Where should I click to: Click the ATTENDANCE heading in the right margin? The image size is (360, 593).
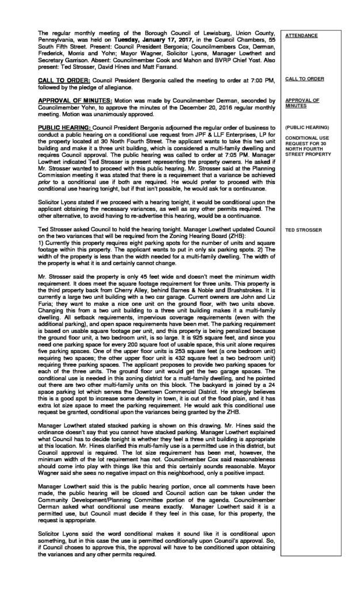302,35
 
